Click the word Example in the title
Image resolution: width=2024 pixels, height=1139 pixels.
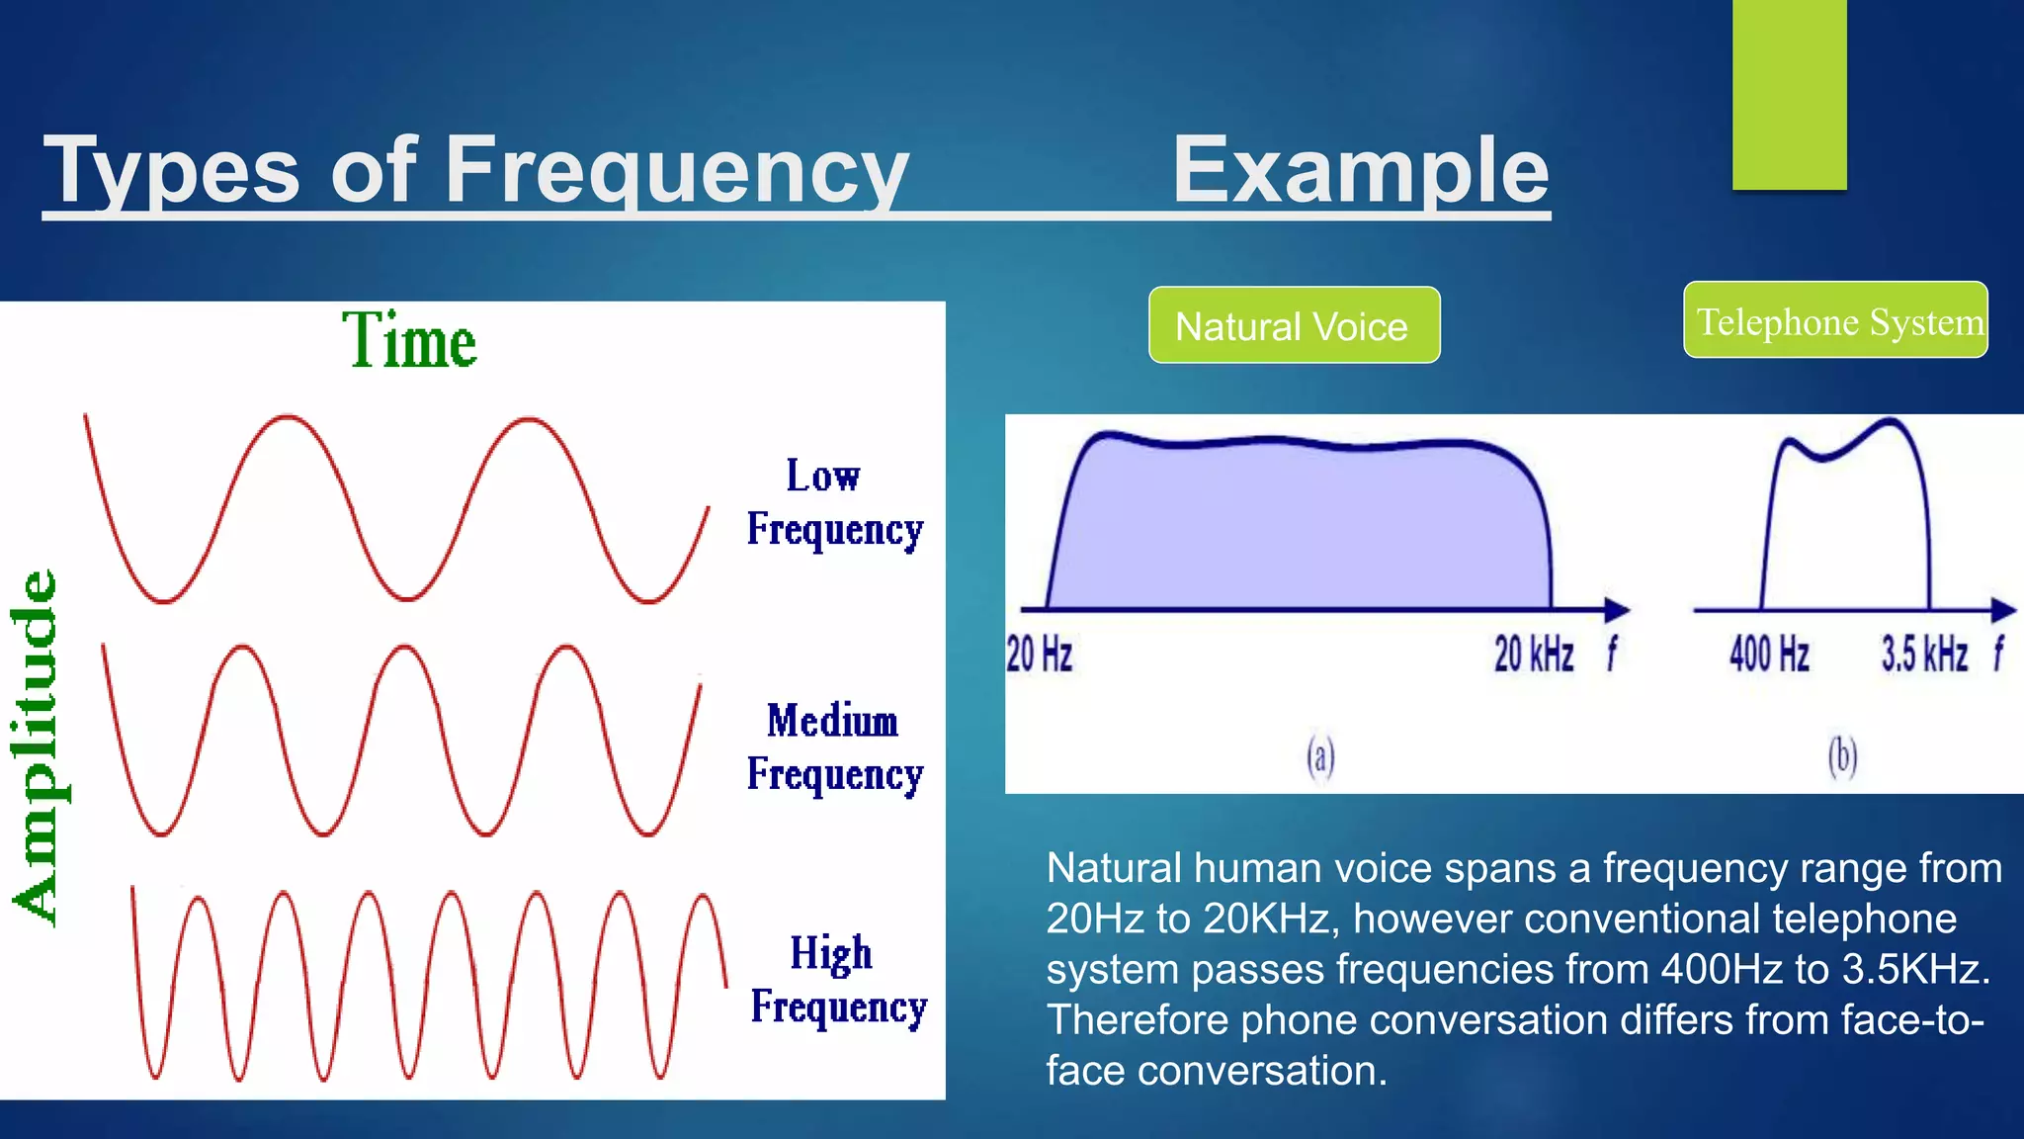(1360, 170)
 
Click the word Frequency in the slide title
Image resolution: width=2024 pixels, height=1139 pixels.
(676, 170)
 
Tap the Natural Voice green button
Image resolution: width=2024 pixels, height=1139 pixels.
(1294, 325)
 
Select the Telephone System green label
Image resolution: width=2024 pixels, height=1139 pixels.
(1836, 320)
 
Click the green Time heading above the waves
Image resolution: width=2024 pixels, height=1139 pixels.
(409, 340)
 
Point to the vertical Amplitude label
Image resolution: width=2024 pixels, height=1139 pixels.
(36, 748)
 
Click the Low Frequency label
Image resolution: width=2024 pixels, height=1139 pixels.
(834, 502)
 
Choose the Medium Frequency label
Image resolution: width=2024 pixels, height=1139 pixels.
(834, 747)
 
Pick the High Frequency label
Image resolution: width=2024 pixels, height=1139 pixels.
(837, 980)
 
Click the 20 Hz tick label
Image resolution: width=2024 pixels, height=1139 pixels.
(1039, 655)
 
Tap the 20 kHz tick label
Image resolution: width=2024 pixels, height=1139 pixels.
(1533, 655)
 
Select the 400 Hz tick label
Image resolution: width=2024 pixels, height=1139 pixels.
(1769, 655)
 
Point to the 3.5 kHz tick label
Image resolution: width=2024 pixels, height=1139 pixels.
(1923, 655)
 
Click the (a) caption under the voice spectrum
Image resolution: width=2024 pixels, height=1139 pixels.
(1320, 757)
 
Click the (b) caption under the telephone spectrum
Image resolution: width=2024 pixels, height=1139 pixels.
(1841, 757)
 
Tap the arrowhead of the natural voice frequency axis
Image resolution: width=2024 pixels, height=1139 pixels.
(1617, 610)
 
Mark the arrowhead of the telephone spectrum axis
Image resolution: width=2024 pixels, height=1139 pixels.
(2003, 610)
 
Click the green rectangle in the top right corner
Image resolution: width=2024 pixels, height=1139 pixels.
(1789, 94)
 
